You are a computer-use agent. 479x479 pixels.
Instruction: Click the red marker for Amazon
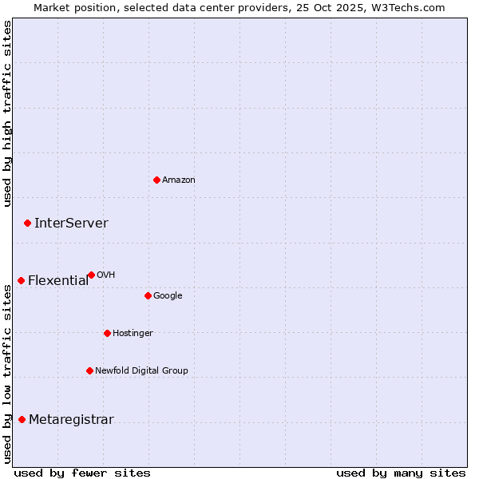click(156, 180)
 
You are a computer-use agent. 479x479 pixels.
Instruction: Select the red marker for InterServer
click(27, 223)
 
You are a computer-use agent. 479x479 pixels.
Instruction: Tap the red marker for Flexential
click(21, 280)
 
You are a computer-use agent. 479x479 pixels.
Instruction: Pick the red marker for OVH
click(91, 275)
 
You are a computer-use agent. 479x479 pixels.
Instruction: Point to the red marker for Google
click(148, 295)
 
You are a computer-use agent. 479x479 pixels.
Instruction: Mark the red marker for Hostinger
click(107, 333)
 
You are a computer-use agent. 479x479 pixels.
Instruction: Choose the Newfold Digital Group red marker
click(89, 370)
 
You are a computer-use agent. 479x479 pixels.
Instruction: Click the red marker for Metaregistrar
click(22, 419)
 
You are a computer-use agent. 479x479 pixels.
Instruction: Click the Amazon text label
click(178, 180)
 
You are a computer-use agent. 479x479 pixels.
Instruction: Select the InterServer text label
click(71, 224)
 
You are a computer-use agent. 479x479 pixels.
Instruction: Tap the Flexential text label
click(58, 281)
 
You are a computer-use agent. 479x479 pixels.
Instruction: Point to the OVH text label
click(105, 275)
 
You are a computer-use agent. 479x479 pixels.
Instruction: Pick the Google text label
click(168, 296)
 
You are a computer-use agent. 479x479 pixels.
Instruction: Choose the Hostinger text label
click(133, 334)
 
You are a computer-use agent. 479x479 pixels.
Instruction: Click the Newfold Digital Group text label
click(141, 371)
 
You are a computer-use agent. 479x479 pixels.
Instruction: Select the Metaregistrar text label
click(71, 420)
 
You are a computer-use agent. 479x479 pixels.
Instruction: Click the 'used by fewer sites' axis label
click(82, 473)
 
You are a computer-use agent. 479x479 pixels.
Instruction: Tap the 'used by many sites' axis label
click(401, 473)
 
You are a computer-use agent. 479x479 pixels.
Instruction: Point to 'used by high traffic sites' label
click(7, 113)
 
